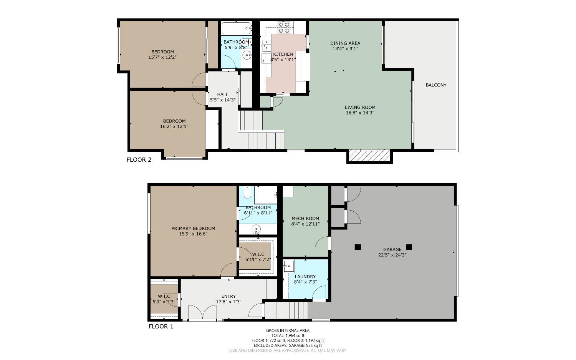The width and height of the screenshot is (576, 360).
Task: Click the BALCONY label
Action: click(436, 85)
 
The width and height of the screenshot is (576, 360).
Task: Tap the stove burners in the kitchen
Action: click(284, 27)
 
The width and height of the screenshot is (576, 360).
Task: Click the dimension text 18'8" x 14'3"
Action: click(360, 113)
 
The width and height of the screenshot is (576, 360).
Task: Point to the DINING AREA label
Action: click(345, 43)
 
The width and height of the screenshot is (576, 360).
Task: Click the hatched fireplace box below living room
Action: click(369, 156)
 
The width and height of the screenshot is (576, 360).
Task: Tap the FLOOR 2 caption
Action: click(139, 160)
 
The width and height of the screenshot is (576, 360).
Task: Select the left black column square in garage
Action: click(358, 247)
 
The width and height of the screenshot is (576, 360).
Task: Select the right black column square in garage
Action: click(409, 247)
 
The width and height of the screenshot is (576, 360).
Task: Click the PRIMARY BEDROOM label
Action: click(193, 229)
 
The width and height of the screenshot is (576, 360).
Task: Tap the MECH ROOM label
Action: click(305, 219)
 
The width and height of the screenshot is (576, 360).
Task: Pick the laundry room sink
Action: click(289, 266)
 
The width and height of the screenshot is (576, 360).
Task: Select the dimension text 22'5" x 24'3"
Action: click(392, 255)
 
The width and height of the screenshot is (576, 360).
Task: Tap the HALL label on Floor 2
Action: click(222, 95)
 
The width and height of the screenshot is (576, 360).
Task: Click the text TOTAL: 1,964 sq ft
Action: click(287, 335)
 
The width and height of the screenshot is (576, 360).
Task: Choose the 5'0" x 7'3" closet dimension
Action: click(164, 302)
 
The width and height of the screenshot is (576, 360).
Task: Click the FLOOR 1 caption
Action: click(161, 327)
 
